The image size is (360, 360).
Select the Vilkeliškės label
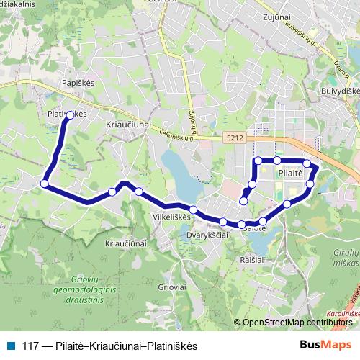pos(170,215)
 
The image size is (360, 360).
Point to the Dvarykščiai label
pos(207,234)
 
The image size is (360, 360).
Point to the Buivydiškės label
pos(341,92)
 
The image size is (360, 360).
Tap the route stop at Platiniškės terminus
pos(71,114)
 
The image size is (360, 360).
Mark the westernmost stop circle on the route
pos(45,184)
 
